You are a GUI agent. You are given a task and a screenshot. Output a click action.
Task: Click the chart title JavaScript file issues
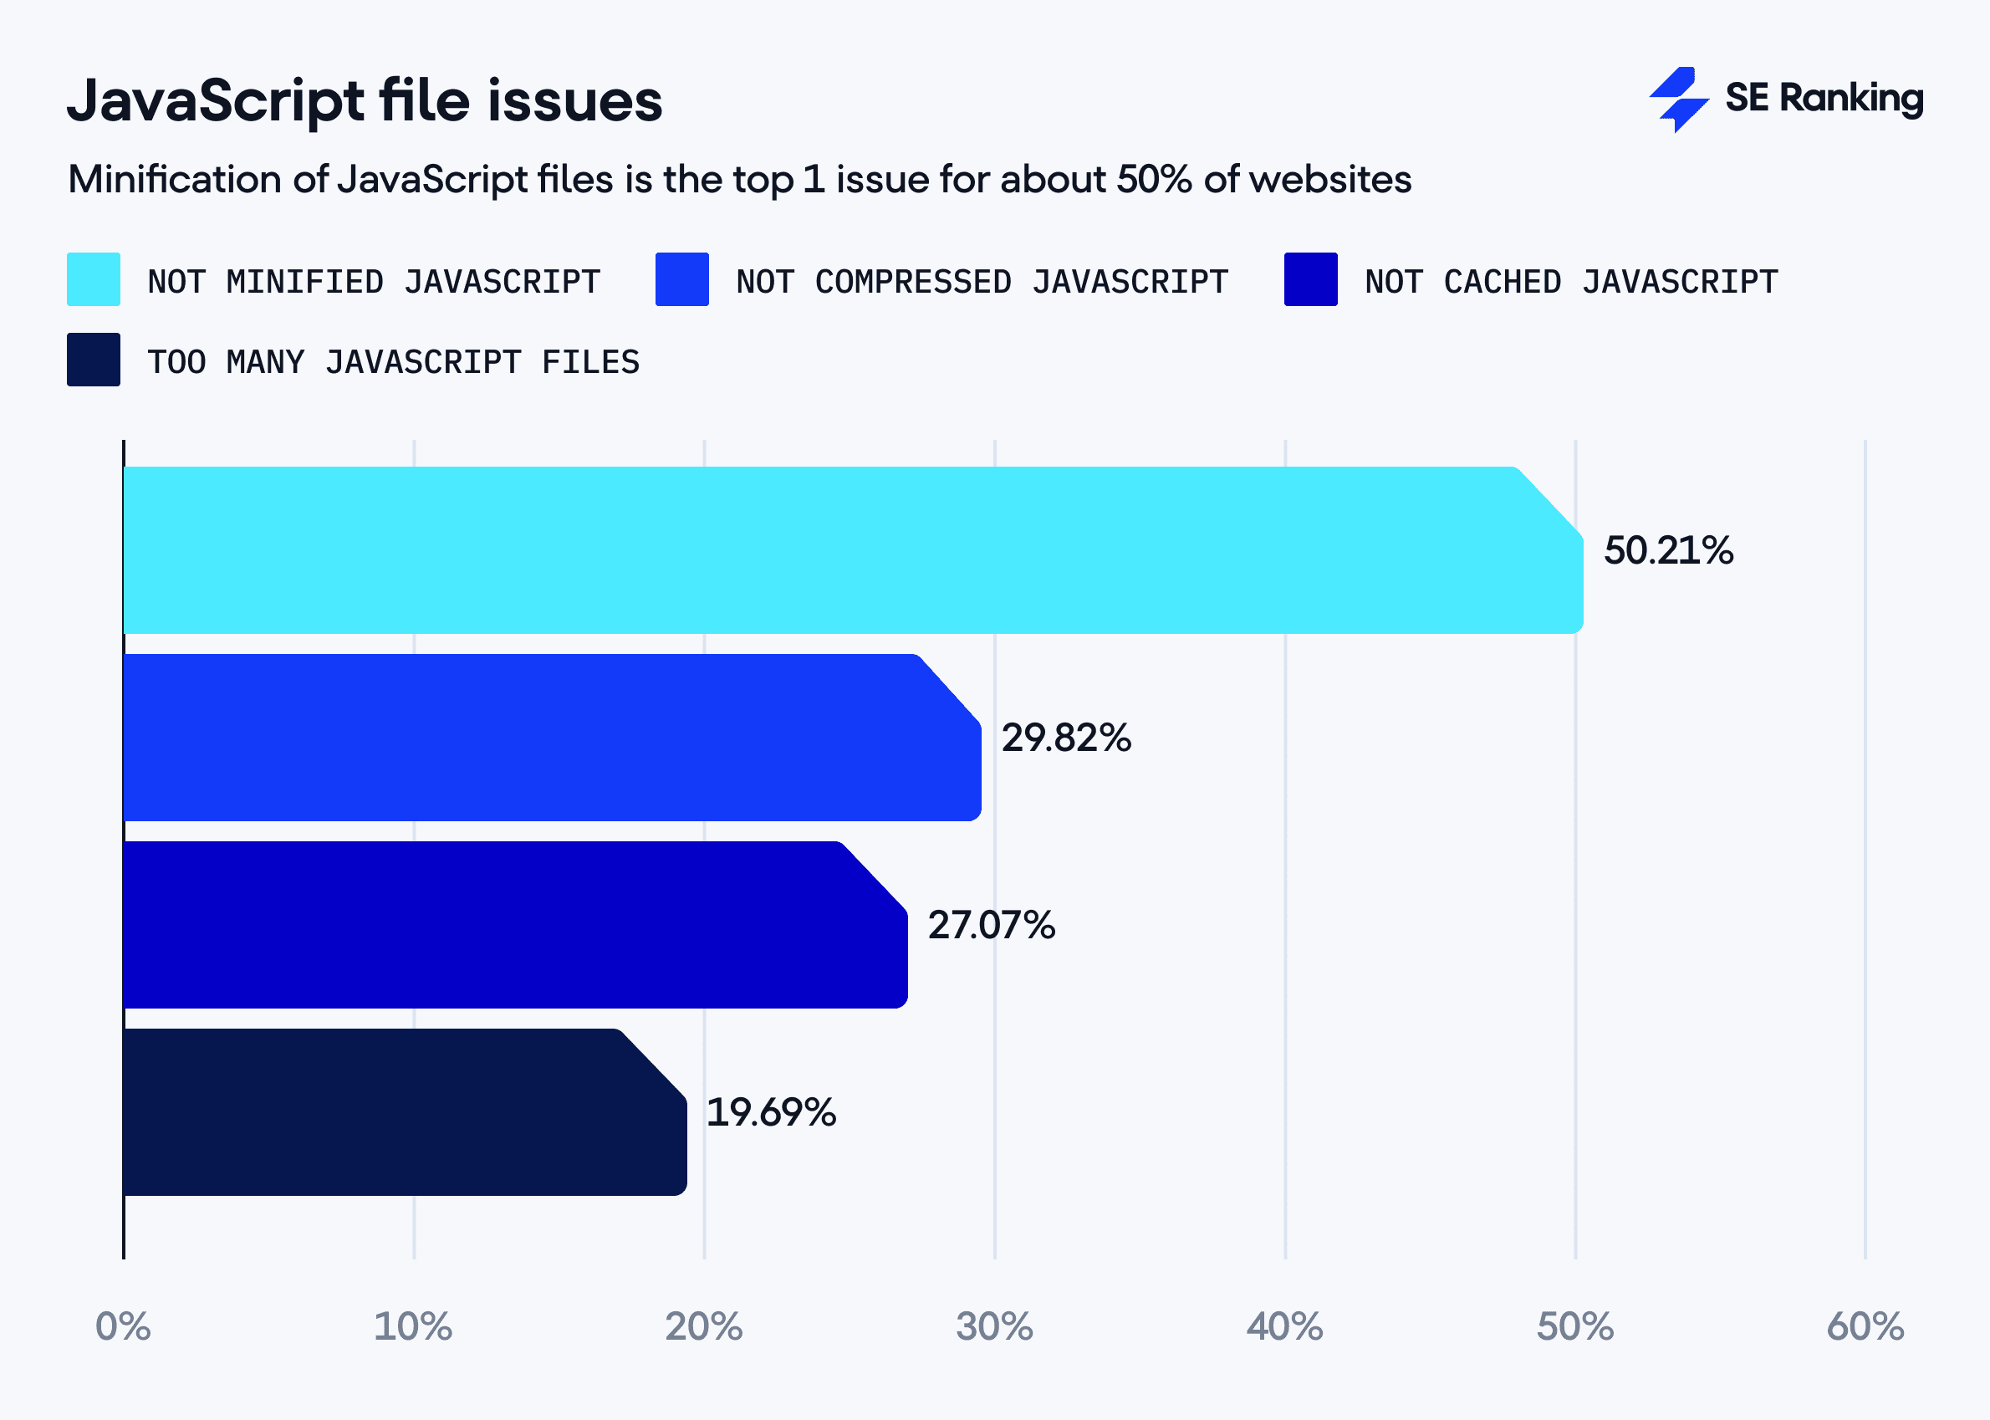365,101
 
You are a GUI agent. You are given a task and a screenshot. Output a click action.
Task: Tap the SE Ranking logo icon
1678,99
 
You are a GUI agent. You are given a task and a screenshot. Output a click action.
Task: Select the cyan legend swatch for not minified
94,279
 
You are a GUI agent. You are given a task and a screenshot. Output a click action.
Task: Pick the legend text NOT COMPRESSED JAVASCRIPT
982,282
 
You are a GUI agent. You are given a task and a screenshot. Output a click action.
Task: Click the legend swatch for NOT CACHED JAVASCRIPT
1309,279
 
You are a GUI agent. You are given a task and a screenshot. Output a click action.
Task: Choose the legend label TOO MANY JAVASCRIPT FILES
394,362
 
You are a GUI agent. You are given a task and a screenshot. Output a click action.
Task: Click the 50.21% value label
1667,551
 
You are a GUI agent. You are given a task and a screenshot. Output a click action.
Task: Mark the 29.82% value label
1065,738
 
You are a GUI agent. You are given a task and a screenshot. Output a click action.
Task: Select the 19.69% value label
770,1112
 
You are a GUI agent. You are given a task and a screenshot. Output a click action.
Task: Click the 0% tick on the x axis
122,1326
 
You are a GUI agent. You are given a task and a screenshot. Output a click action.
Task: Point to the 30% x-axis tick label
994,1326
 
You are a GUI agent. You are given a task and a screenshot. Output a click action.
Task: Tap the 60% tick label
1864,1326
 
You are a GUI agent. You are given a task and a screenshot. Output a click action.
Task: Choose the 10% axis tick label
413,1326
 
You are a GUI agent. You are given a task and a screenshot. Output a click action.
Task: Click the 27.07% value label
991,925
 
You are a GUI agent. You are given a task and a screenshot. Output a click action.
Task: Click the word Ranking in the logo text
1851,98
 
